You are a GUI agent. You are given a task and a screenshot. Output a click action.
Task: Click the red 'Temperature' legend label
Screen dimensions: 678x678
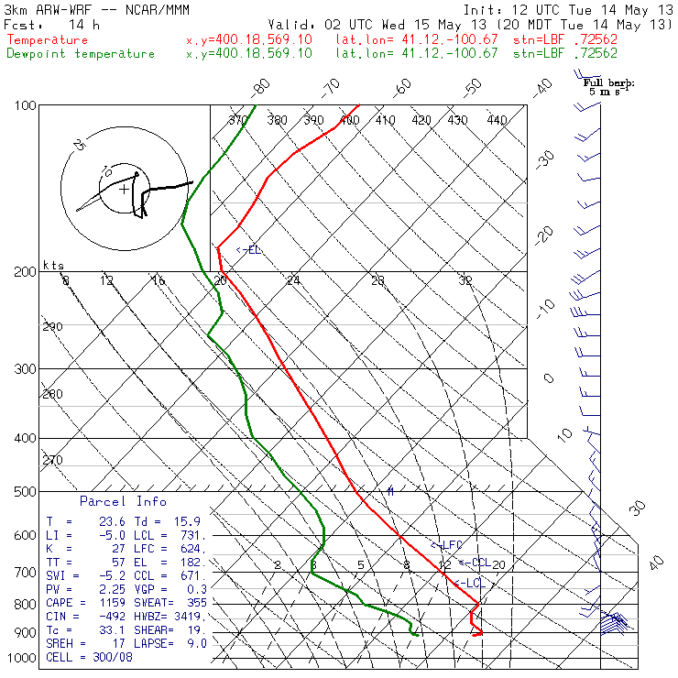pyautogui.click(x=48, y=40)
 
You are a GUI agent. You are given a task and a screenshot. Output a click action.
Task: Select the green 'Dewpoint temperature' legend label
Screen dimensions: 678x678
pyautogui.click(x=81, y=53)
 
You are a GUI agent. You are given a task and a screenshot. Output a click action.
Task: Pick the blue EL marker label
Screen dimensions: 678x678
pyautogui.click(x=249, y=249)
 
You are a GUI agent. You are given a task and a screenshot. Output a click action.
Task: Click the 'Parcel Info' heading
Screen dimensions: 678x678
pyautogui.click(x=123, y=501)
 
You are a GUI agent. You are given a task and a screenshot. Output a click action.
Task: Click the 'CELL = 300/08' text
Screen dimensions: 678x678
pyautogui.click(x=89, y=657)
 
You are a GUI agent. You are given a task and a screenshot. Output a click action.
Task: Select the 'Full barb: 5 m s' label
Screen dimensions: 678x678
pyautogui.click(x=610, y=87)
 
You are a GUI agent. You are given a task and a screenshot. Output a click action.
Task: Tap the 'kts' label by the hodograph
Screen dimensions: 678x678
pyautogui.click(x=54, y=265)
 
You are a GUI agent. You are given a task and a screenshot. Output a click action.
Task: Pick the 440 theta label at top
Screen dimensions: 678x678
pyautogui.click(x=497, y=120)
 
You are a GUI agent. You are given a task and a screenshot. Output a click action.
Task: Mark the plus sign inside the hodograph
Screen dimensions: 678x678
pyautogui.click(x=124, y=190)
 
